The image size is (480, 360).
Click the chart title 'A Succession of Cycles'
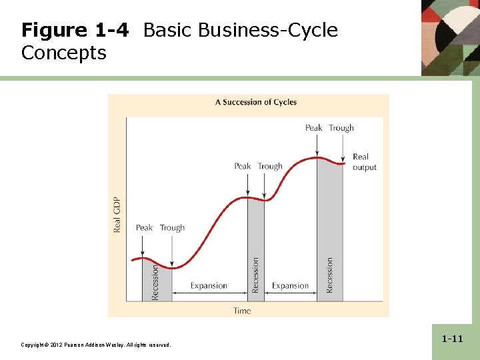256,102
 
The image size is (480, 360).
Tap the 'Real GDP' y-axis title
117,214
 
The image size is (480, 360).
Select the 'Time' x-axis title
242,311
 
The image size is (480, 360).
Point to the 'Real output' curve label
364,162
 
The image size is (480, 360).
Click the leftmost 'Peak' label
144,227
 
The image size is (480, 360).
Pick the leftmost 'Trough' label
172,227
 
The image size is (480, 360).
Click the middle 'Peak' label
243,166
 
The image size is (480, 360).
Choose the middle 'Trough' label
270,166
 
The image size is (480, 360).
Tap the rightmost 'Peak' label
313,128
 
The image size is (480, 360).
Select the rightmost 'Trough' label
341,128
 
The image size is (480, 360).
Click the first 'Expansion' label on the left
209,285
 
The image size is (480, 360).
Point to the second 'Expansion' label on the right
290,285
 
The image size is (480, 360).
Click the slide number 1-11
451,339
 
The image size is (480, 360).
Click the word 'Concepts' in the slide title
63,53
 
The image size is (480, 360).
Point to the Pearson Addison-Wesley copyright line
95,345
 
